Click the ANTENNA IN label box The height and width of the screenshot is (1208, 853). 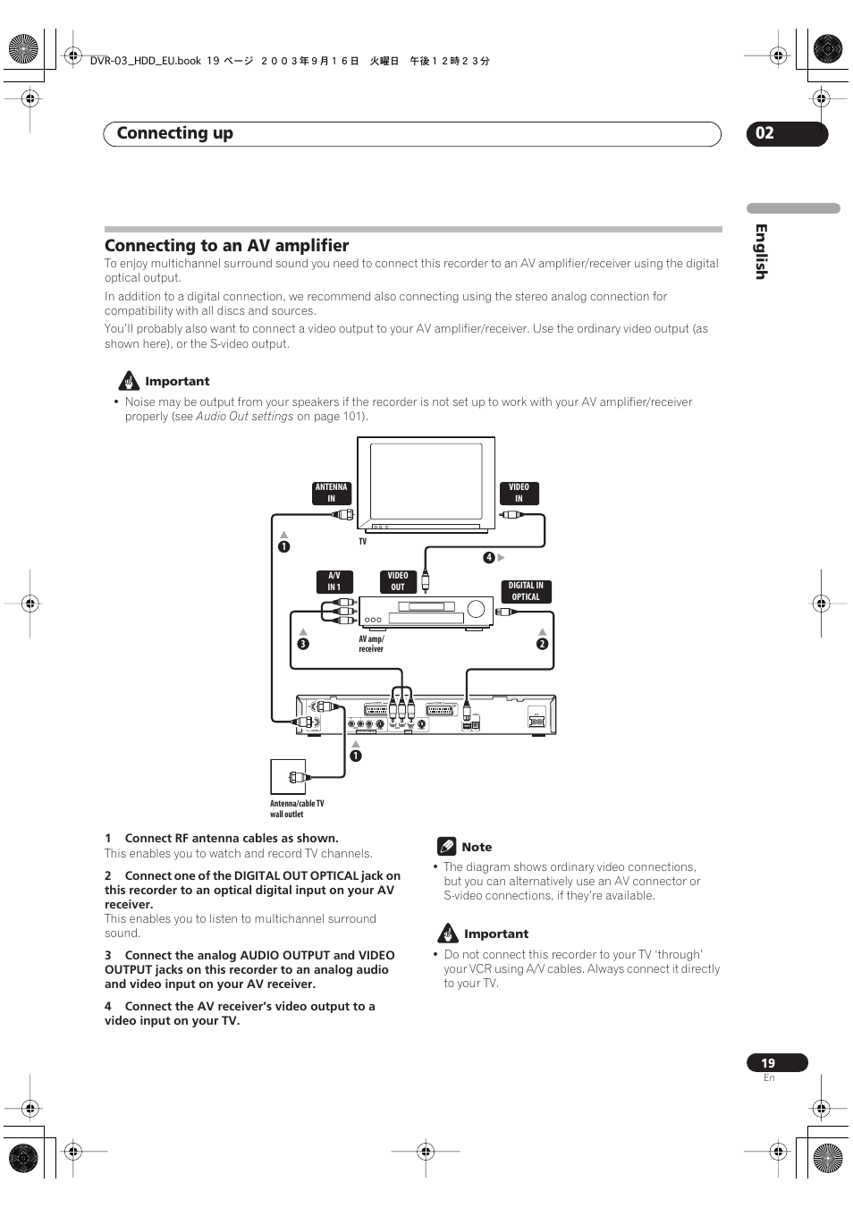[x=332, y=494]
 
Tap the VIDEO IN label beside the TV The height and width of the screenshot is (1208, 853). [x=519, y=494]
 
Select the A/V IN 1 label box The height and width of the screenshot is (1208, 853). [x=334, y=582]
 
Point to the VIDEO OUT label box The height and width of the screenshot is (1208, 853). [x=398, y=582]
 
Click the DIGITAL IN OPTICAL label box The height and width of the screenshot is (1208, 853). [x=526, y=592]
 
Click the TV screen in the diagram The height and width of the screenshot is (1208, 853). [x=426, y=481]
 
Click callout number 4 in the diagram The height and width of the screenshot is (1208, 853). [x=489, y=558]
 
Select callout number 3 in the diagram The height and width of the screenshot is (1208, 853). [x=303, y=644]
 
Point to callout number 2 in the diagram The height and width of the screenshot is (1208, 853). [x=542, y=644]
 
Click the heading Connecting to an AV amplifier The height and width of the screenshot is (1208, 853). [x=226, y=246]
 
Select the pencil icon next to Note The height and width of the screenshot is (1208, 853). [x=447, y=847]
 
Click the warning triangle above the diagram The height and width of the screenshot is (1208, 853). [x=130, y=381]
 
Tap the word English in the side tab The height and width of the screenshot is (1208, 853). [x=761, y=251]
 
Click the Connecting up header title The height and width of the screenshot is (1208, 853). [x=175, y=133]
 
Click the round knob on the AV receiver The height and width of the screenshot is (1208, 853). [x=476, y=610]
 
